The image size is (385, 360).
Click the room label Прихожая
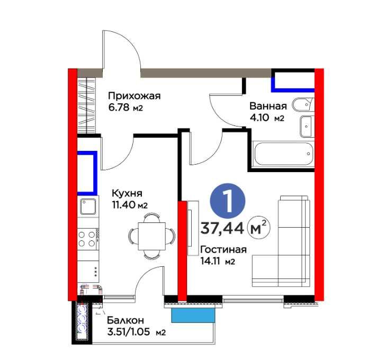133,96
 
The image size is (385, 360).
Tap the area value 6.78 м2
126,107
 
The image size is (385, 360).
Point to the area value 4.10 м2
267,118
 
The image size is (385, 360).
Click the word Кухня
126,193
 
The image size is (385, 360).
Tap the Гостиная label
224,250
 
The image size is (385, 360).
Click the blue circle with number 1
228,201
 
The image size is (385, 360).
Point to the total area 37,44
222,228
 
